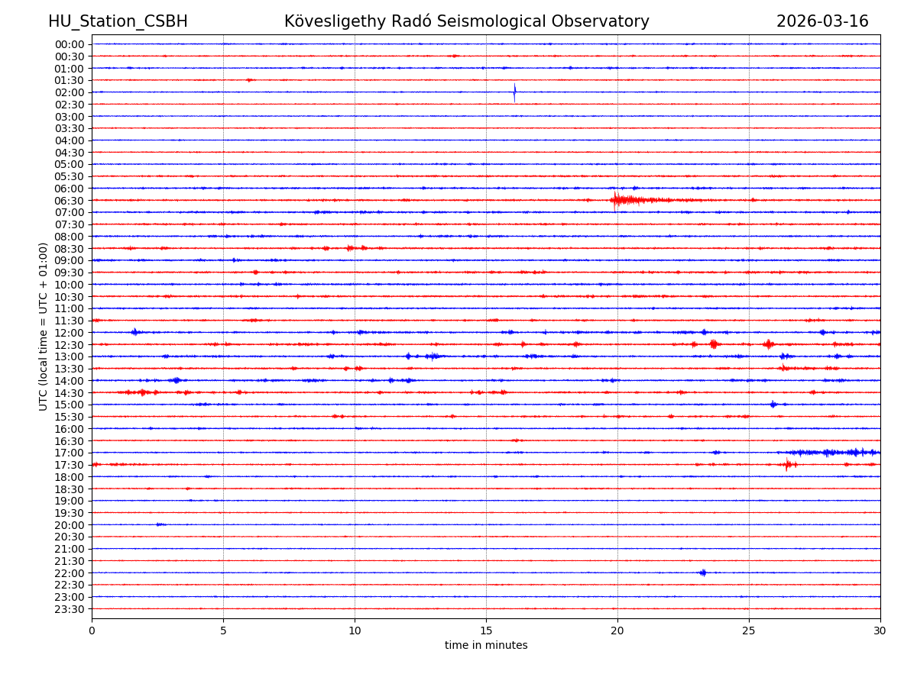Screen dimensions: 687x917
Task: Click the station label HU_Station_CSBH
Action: click(x=118, y=21)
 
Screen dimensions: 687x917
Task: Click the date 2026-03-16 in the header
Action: click(x=822, y=21)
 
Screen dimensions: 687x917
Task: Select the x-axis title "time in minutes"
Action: click(x=486, y=645)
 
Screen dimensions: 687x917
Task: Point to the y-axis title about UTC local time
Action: click(x=44, y=326)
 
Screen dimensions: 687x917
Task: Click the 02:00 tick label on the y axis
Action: click(x=70, y=92)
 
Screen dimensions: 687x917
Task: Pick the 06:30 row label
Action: click(x=70, y=201)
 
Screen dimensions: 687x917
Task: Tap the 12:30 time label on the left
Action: click(x=70, y=345)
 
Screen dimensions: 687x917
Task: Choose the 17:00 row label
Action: click(x=70, y=453)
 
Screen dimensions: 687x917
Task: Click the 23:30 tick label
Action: click(x=70, y=609)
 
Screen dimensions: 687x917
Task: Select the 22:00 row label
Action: click(x=70, y=573)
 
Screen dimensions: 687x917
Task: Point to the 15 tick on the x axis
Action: click(x=486, y=631)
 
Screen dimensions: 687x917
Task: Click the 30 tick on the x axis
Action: click(x=880, y=631)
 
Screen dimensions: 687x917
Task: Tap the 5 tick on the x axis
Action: click(x=223, y=631)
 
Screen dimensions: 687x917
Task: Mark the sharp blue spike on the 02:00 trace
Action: click(x=514, y=92)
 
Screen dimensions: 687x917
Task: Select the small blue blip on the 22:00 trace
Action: click(x=702, y=572)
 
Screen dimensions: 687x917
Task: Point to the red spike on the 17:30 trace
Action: click(x=787, y=464)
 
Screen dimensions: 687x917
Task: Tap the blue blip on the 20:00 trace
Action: click(x=159, y=524)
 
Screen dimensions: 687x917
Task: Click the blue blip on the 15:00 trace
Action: click(x=773, y=404)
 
